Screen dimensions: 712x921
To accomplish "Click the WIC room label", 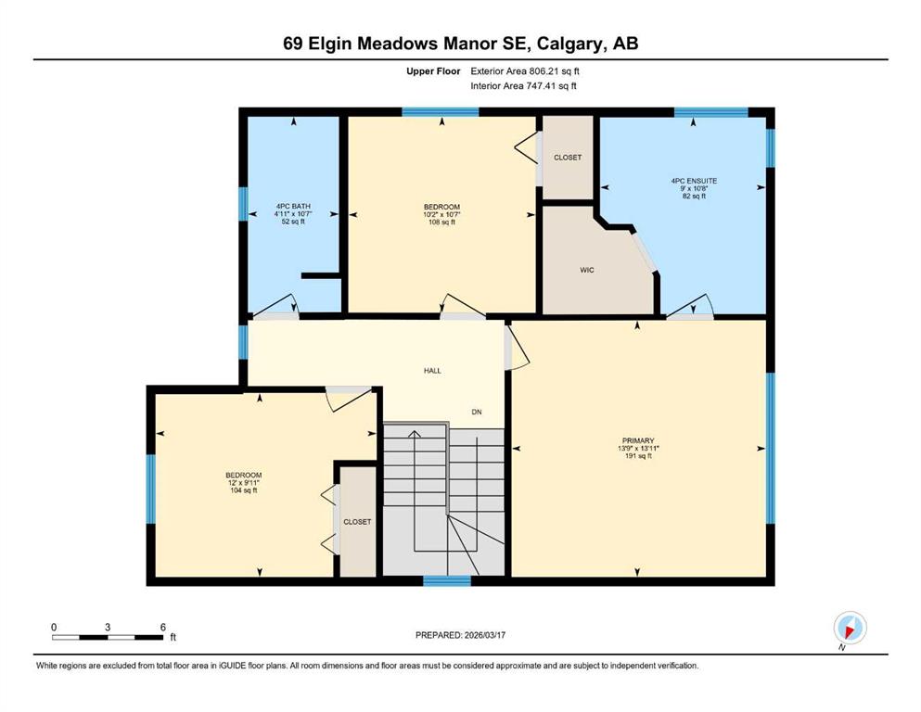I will point(586,271).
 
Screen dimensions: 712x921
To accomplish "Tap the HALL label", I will point(432,371).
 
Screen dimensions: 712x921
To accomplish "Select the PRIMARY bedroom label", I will point(638,440).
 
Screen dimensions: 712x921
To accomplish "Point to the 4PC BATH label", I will point(292,206).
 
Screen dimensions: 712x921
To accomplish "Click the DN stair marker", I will point(477,413).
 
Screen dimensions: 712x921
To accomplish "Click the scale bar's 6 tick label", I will point(162,627).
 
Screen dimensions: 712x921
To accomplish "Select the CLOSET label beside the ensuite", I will point(568,158).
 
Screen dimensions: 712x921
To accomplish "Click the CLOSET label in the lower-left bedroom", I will point(357,522).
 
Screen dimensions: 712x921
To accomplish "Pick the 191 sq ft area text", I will point(638,457).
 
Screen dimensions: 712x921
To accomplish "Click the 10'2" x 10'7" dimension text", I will point(441,214).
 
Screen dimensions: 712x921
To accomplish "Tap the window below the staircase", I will point(446,581).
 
